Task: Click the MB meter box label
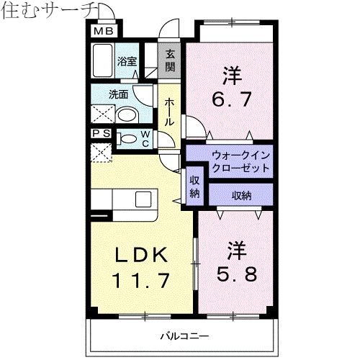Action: (104, 31)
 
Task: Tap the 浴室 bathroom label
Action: (128, 62)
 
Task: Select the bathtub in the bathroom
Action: (103, 60)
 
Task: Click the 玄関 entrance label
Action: (170, 60)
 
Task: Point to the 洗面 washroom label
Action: (118, 94)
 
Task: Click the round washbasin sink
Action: (128, 114)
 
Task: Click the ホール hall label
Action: (170, 112)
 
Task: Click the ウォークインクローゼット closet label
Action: (240, 161)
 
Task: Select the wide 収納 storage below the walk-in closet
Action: (241, 194)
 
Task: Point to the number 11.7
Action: (141, 279)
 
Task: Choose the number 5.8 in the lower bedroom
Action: (235, 274)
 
